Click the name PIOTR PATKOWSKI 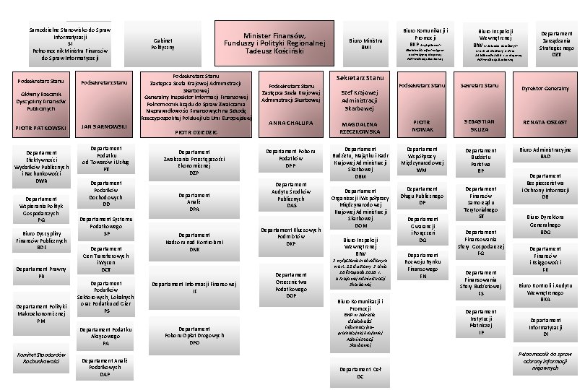(x=42, y=129)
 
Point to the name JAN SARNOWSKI (x=105, y=126)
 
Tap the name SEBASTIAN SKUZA (x=479, y=125)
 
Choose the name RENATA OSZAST (x=545, y=123)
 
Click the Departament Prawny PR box (x=42, y=273)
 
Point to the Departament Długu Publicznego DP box (x=422, y=199)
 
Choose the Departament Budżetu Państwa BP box (x=480, y=160)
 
